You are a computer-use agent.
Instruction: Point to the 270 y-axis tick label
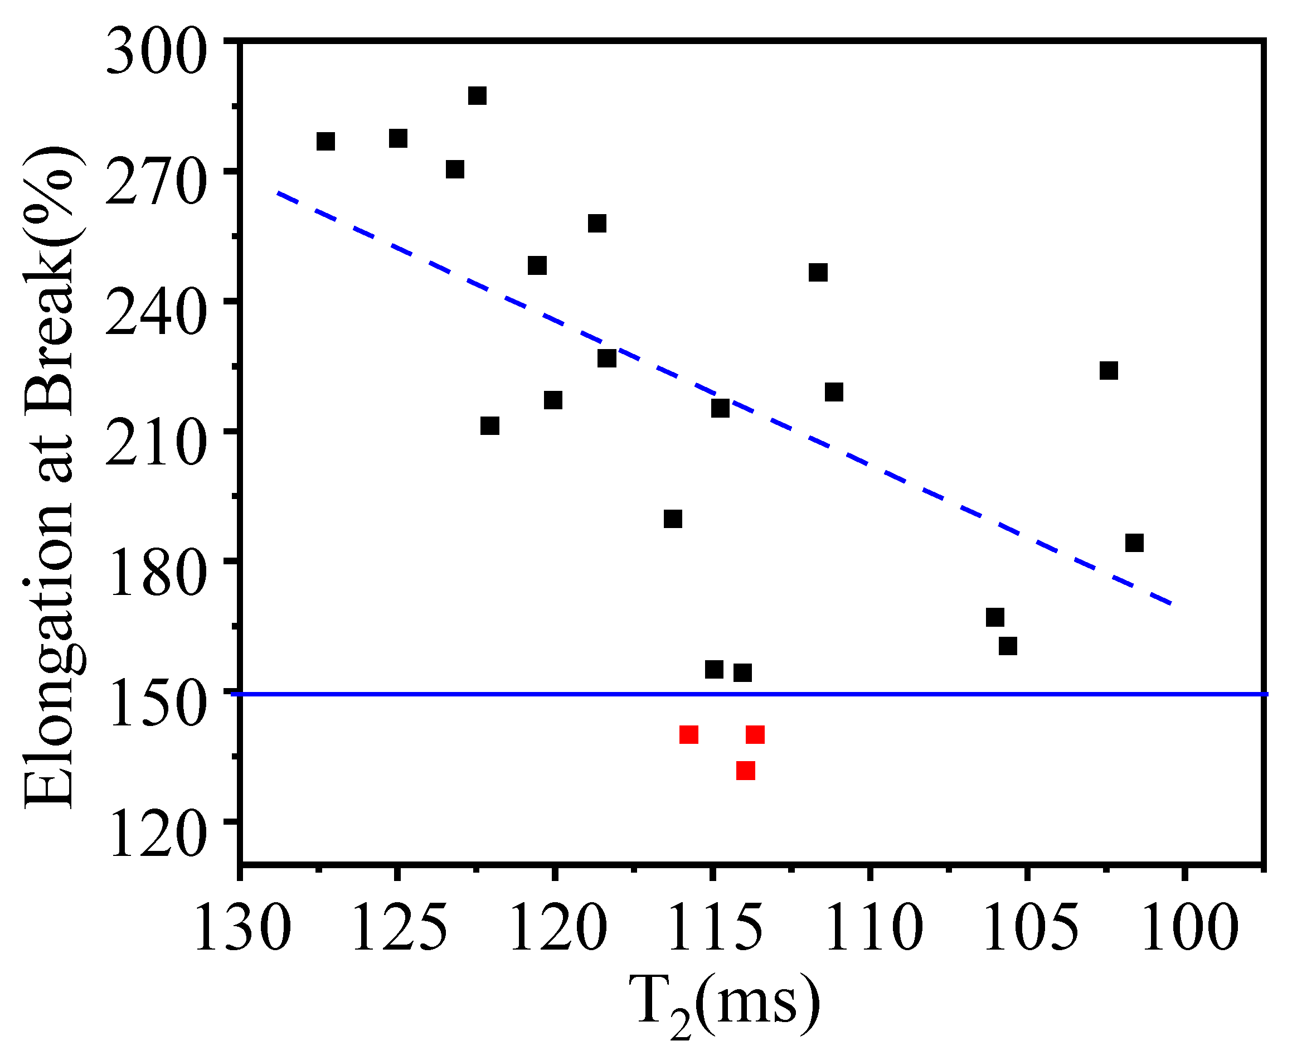click(x=156, y=186)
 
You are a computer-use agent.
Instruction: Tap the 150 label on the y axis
click(x=156, y=707)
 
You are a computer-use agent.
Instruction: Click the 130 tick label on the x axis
click(x=241, y=928)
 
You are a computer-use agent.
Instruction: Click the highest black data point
click(x=477, y=96)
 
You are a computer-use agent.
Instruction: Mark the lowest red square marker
click(x=745, y=771)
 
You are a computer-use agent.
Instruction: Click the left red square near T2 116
click(x=688, y=734)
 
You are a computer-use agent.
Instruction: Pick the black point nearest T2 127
click(x=326, y=141)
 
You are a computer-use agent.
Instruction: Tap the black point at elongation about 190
click(x=673, y=519)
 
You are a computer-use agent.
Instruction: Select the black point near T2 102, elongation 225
click(x=1109, y=371)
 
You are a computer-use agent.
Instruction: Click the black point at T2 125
click(x=398, y=139)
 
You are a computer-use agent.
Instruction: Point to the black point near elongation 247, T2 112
click(x=818, y=272)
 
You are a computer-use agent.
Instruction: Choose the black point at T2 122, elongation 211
click(x=489, y=425)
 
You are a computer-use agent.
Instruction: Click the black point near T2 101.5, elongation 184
click(x=1134, y=542)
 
